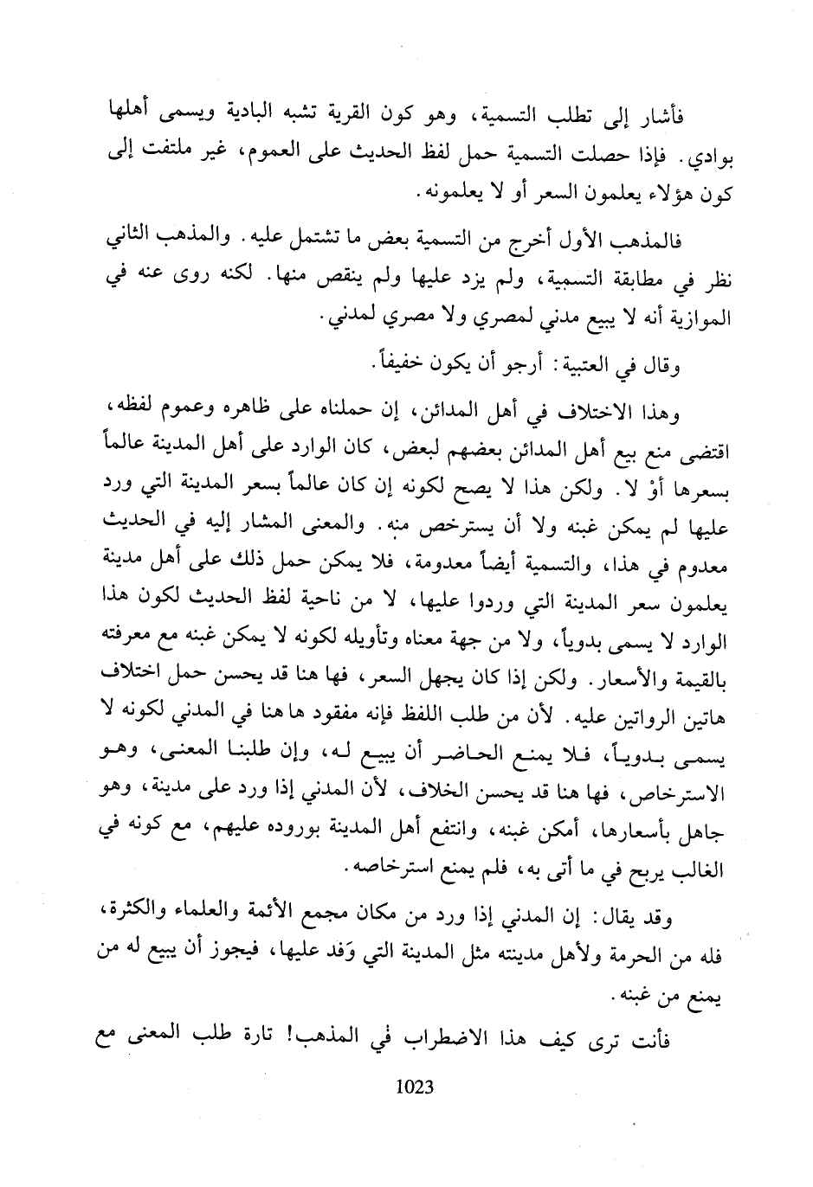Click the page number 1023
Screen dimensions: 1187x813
[x=414, y=1086]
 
